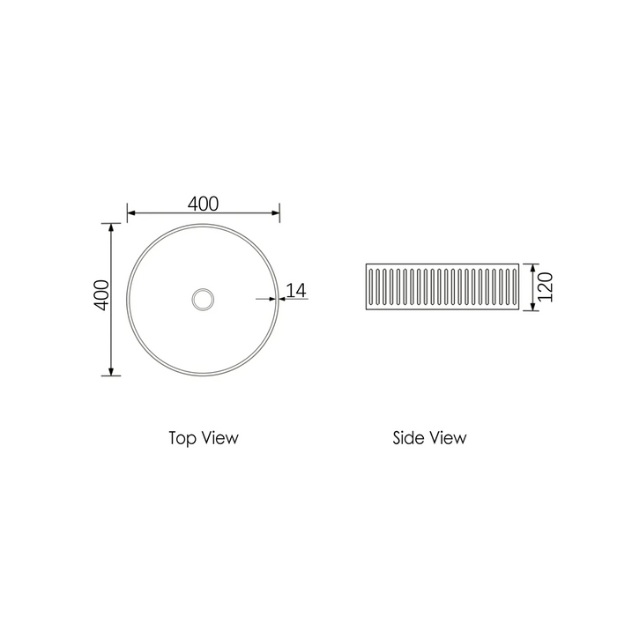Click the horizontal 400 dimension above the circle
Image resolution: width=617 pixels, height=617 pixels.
point(203,203)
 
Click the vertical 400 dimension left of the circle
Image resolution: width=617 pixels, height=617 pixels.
point(101,294)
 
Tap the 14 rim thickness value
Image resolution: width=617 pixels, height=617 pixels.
point(295,289)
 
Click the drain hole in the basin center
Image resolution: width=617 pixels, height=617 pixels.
point(203,299)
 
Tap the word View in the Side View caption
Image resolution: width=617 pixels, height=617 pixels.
point(449,437)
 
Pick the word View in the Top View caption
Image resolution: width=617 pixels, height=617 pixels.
point(219,437)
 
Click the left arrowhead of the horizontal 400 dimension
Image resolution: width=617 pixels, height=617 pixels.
point(132,212)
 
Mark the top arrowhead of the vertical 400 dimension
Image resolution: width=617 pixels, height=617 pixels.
point(111,228)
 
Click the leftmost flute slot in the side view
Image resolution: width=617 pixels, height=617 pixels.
point(374,287)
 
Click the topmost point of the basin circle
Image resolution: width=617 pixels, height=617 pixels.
point(203,224)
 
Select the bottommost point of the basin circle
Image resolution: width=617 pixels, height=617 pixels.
point(203,375)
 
